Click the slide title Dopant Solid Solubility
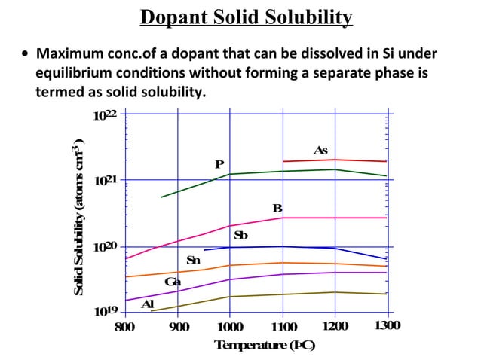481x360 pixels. (247, 17)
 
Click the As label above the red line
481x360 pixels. (320, 151)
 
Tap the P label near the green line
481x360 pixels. (219, 164)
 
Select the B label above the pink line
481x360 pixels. (277, 208)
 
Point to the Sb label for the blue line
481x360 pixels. (240, 236)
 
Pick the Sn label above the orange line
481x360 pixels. (193, 260)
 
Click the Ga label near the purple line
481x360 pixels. (173, 282)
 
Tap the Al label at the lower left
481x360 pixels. (149, 304)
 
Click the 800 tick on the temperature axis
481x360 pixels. (125, 326)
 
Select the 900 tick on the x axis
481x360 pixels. (178, 326)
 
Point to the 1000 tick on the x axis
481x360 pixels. (230, 326)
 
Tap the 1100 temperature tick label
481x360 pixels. (283, 326)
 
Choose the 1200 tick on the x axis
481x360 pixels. (335, 325)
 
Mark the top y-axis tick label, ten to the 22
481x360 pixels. (105, 115)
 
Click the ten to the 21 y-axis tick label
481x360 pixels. (105, 181)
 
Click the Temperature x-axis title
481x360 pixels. (265, 345)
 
